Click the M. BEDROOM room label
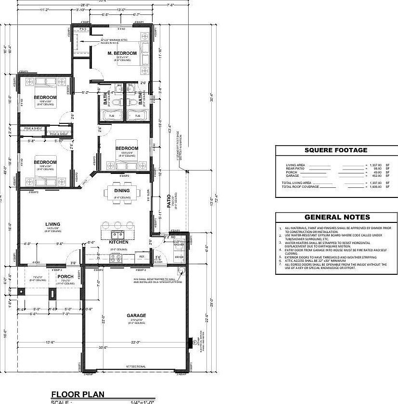pyautogui.click(x=122, y=53)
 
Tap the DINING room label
pyautogui.click(x=122, y=191)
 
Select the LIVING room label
pyautogui.click(x=53, y=224)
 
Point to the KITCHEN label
pyautogui.click(x=118, y=242)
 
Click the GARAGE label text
pyautogui.click(x=136, y=316)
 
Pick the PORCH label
pyautogui.click(x=65, y=277)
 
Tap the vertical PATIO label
pyautogui.click(x=169, y=200)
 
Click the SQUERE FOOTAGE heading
pyautogui.click(x=336, y=150)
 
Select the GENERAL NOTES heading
pyautogui.click(x=337, y=217)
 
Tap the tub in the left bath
pyautogui.click(x=111, y=116)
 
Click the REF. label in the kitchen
pyautogui.click(x=142, y=257)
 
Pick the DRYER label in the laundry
pyautogui.click(x=179, y=257)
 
